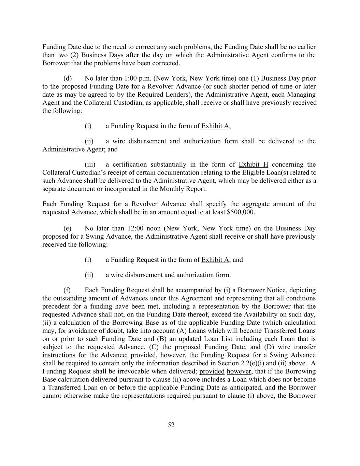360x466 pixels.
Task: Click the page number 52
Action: [x=171, y=425]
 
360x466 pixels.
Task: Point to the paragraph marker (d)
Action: [x=68, y=78]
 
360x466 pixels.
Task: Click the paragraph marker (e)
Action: [x=68, y=228]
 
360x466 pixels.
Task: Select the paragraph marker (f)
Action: [x=67, y=290]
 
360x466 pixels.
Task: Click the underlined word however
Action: [x=239, y=371]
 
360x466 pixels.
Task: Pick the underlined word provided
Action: [x=212, y=371]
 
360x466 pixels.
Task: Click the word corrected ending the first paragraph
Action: [x=167, y=63]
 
